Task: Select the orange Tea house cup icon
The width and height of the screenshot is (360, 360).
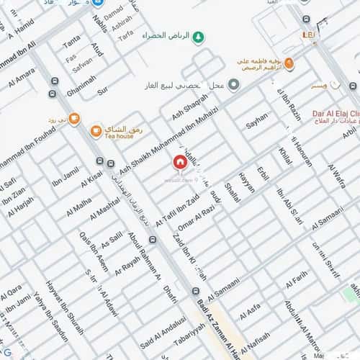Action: (96, 130)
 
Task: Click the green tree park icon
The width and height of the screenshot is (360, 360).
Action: (199, 35)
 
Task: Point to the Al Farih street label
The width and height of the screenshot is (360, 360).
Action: (297, 278)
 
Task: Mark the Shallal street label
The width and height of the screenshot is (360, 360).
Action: (232, 193)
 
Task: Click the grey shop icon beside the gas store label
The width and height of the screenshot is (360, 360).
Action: (235, 85)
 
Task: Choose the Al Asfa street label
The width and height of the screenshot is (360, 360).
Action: (249, 311)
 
